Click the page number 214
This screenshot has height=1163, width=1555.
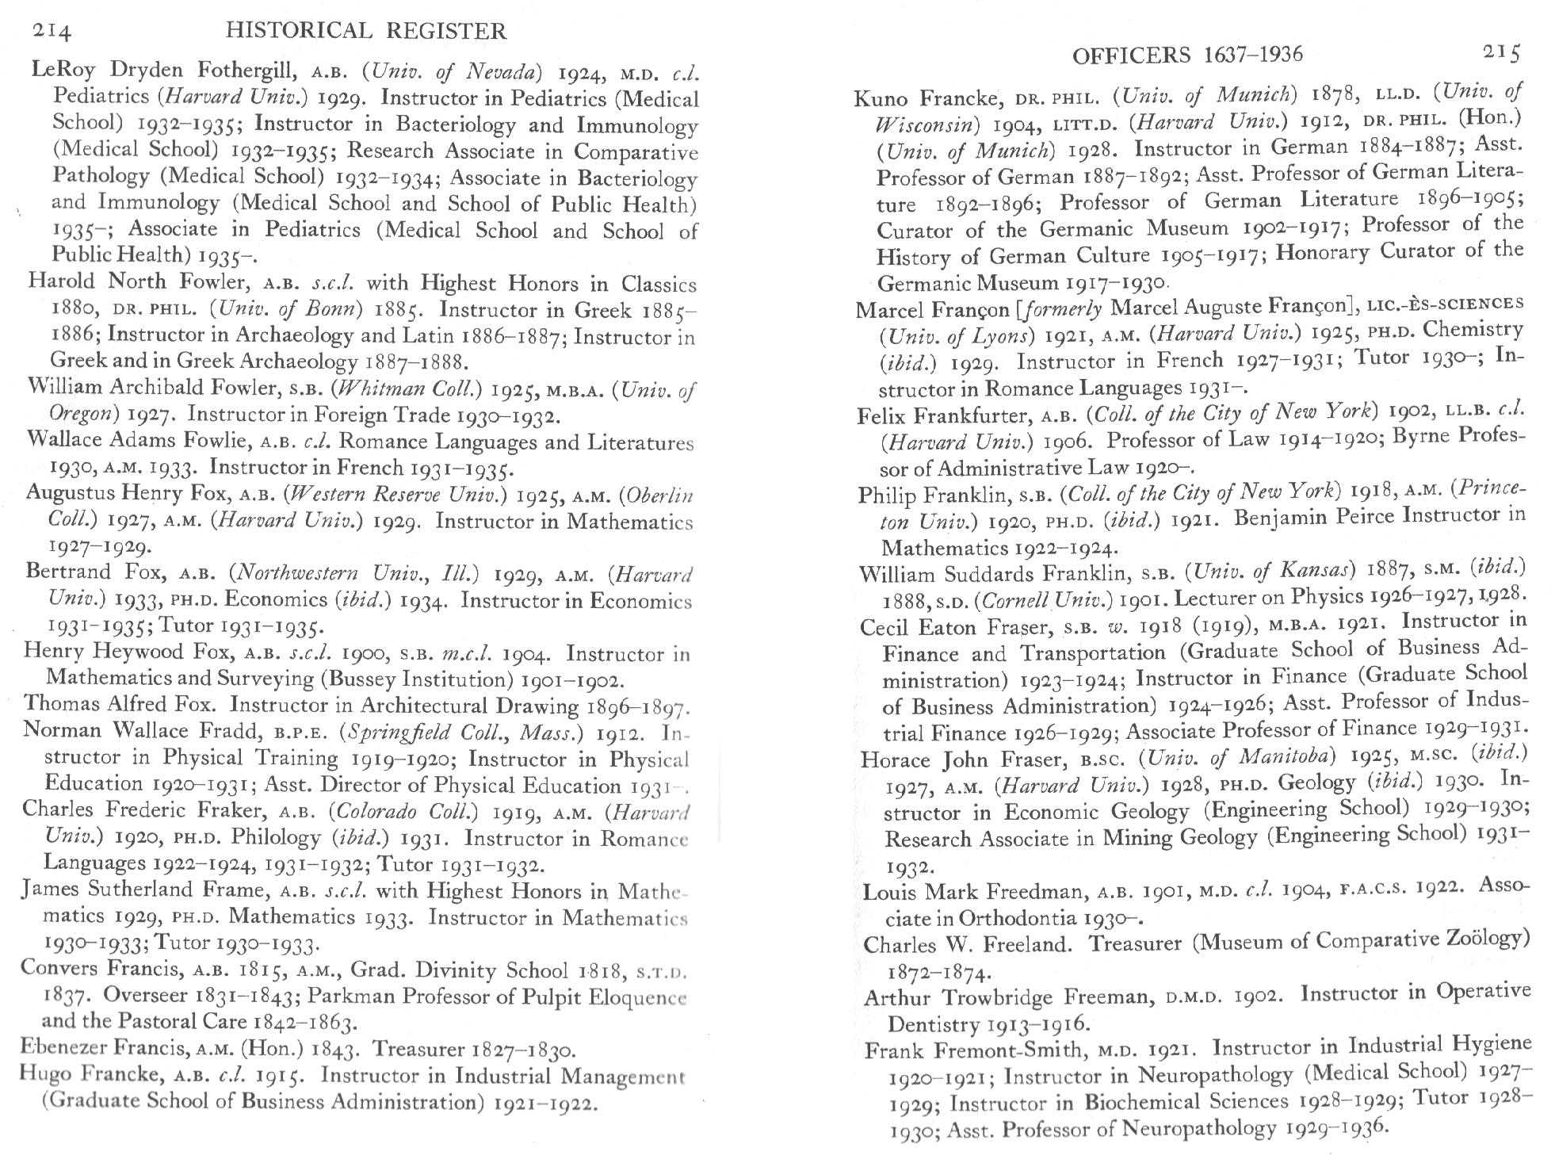[x=52, y=32]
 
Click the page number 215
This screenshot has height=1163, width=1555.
[x=1501, y=52]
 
